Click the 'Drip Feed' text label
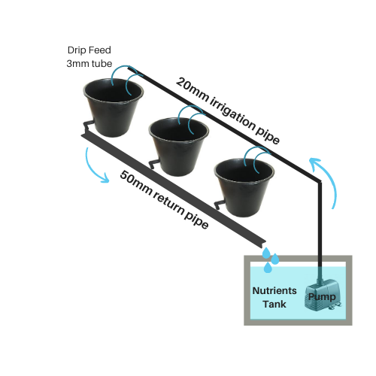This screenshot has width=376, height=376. [x=89, y=50]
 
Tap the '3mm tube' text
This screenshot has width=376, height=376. [x=89, y=64]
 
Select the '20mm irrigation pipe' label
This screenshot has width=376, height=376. [x=228, y=111]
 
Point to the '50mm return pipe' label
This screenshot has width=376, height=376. [x=164, y=199]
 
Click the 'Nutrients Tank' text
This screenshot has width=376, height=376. [x=274, y=297]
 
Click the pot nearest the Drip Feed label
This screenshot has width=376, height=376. [x=114, y=108]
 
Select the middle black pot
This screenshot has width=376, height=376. [x=179, y=147]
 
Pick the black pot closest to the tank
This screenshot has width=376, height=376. [x=244, y=187]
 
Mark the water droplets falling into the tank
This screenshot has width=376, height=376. [x=270, y=260]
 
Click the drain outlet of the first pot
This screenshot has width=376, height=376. [x=88, y=126]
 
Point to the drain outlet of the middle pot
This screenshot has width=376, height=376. [x=153, y=164]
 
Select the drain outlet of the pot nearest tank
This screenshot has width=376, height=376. [x=219, y=205]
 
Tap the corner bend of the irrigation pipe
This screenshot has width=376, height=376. [x=320, y=181]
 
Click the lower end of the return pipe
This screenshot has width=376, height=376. [x=262, y=244]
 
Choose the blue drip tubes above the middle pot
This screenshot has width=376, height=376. [x=191, y=119]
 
